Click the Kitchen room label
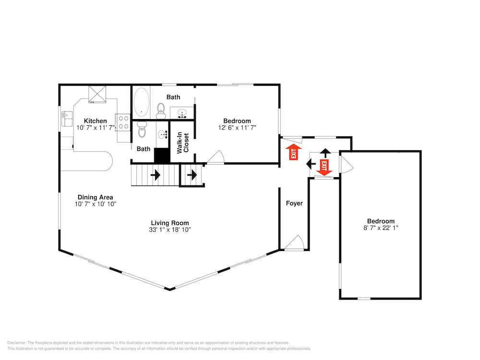click(x=95, y=121)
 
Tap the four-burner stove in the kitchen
click(x=123, y=122)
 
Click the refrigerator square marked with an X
click(x=97, y=94)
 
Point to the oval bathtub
click(x=141, y=102)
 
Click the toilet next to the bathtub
click(x=161, y=111)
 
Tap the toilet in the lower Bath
click(x=142, y=129)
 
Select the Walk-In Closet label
click(x=183, y=143)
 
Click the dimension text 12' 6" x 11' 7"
click(x=237, y=128)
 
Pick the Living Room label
click(x=170, y=223)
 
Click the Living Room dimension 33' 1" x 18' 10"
click(x=170, y=229)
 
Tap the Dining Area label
click(x=95, y=197)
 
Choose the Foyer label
click(x=294, y=203)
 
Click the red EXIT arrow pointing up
click(x=294, y=152)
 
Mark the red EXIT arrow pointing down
click(x=324, y=168)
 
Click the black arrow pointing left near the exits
click(x=311, y=164)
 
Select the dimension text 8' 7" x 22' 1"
click(x=381, y=228)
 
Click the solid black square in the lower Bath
click(x=162, y=156)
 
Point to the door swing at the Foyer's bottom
click(x=295, y=242)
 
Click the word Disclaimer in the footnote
click(x=17, y=343)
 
